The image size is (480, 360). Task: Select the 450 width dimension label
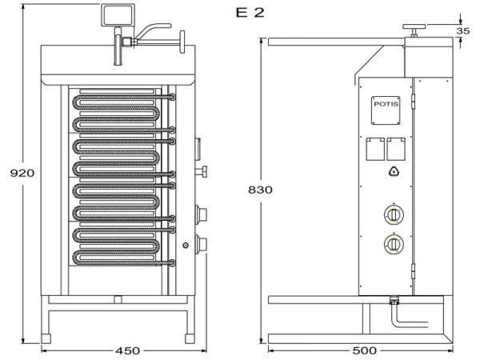point(128,350)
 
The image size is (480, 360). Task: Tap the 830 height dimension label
point(261,190)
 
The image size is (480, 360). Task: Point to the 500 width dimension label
point(365,350)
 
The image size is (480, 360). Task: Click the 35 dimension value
point(463,31)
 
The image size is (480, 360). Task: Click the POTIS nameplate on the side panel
point(385,105)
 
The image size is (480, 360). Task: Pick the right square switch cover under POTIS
point(394,149)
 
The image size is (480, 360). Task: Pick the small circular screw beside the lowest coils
point(186,245)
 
